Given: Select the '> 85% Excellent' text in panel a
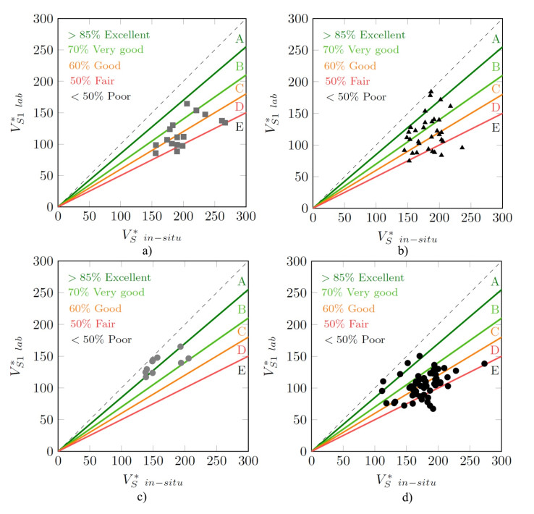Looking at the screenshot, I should pyautogui.click(x=109, y=34).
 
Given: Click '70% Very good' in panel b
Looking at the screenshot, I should pyautogui.click(x=361, y=50).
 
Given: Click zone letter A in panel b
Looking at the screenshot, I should pyautogui.click(x=496, y=39).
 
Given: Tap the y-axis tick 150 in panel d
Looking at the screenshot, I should pyautogui.click(x=295, y=356).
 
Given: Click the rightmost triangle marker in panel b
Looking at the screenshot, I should pyautogui.click(x=462, y=147).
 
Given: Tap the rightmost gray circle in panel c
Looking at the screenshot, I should pyautogui.click(x=188, y=358).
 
